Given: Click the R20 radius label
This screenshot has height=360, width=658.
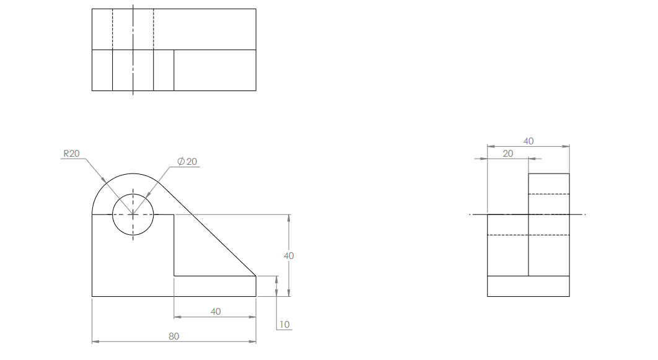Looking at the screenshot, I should (71, 154).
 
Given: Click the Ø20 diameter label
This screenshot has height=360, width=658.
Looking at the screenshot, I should (187, 162).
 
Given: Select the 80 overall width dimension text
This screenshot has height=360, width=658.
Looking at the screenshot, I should (174, 336).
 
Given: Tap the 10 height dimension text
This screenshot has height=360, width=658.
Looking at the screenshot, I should (284, 324).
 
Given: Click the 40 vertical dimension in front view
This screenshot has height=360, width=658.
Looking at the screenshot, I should (289, 255).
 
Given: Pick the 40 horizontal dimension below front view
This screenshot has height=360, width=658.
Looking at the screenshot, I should (215, 312).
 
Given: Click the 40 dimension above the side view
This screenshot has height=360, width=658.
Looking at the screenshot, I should (528, 141).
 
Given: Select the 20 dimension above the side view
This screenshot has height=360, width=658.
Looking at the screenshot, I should (507, 154).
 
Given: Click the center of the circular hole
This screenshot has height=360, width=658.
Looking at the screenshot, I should (133, 214).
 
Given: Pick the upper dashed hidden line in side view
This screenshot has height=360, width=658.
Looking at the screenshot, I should (548, 194).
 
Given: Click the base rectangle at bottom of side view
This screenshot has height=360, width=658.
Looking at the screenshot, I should (528, 286).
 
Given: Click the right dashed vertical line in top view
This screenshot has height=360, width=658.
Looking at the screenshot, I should (154, 29).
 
